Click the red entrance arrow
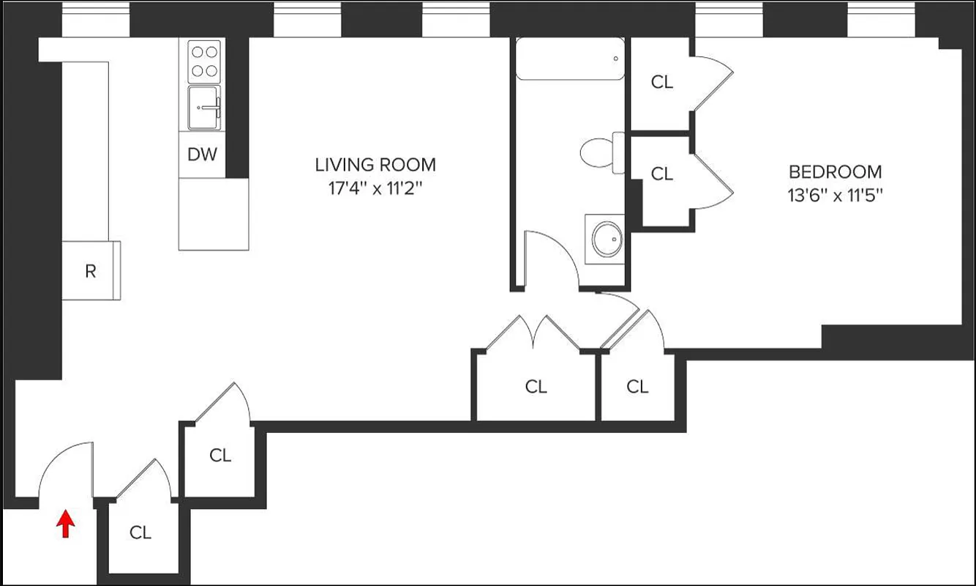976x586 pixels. point(66,524)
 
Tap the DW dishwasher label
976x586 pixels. point(203,155)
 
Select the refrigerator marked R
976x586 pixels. point(91,271)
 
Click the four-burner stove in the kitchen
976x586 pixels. point(204,62)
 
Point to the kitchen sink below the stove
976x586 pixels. point(204,108)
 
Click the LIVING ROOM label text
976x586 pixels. point(375,165)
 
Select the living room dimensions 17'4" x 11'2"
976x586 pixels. point(375,189)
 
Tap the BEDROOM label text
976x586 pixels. point(835,172)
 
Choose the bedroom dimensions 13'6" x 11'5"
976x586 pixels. point(835,196)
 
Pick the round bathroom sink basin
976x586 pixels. point(607,237)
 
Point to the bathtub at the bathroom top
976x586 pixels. point(570,59)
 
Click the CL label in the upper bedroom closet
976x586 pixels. point(661,82)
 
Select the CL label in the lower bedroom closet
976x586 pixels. point(661,174)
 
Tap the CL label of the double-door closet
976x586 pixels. point(536,386)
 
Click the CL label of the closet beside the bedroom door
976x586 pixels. point(637,386)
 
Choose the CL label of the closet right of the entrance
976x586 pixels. point(140,533)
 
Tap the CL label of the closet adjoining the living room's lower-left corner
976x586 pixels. point(220,455)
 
